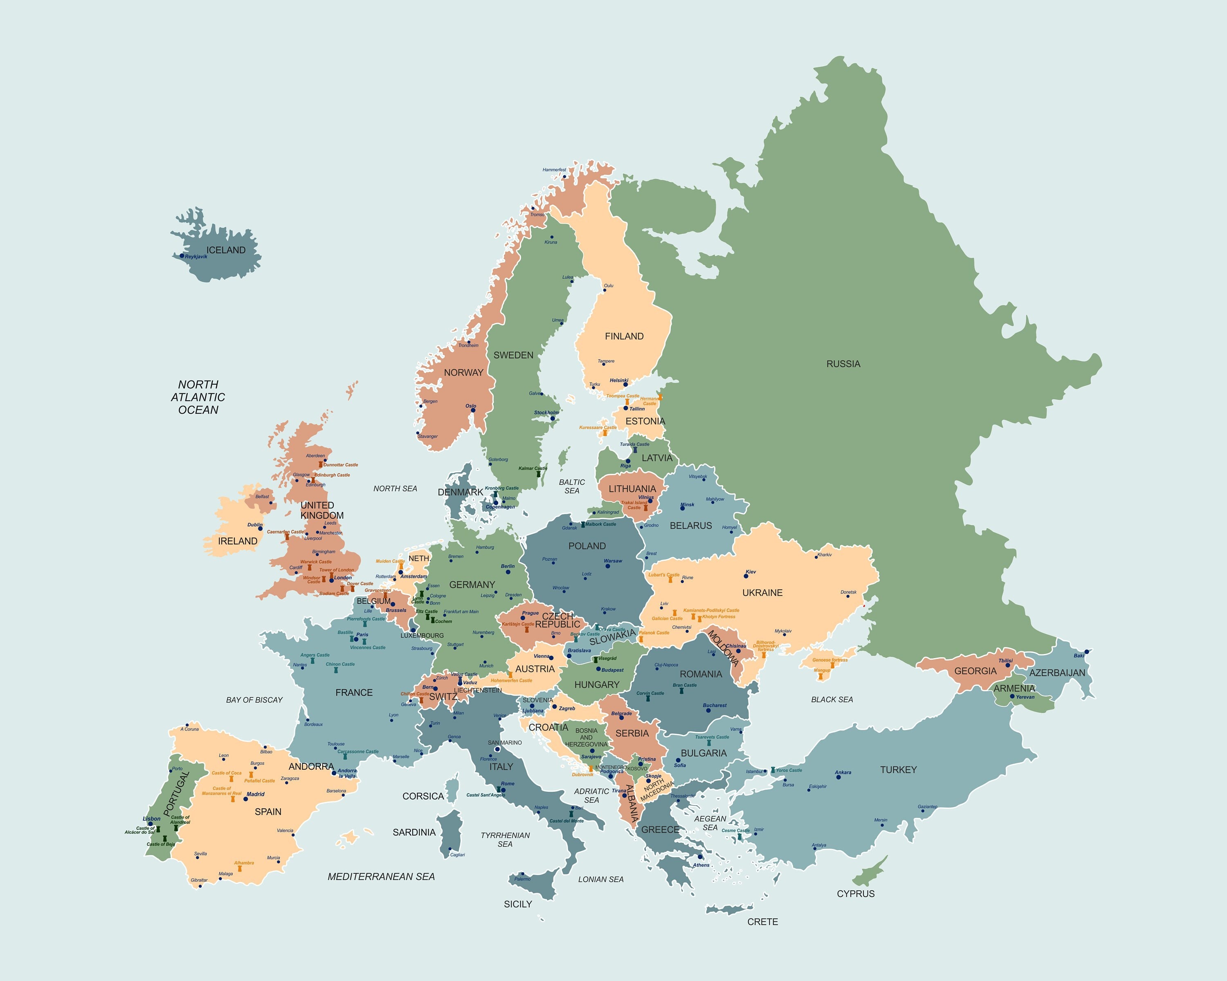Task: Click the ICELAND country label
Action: [x=226, y=250]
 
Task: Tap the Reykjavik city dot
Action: [x=182, y=256]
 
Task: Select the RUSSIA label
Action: [x=843, y=364]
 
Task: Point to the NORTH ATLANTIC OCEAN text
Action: [x=198, y=397]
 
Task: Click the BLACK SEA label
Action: [x=831, y=699]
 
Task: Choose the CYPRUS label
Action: [x=855, y=894]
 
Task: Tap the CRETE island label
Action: [x=762, y=922]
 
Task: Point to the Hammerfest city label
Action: [x=554, y=170]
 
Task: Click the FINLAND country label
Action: [x=624, y=336]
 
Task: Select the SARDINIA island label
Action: [x=414, y=832]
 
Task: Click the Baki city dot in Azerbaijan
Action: [x=1086, y=652]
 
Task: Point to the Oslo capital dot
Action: [x=473, y=410]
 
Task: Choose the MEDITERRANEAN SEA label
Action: [x=381, y=876]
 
